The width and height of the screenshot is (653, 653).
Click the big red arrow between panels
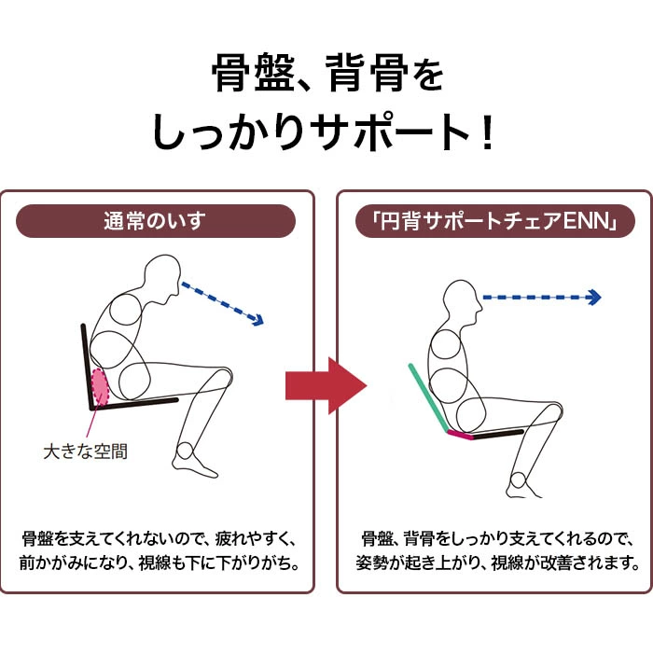326,385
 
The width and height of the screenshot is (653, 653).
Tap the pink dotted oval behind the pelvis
101,387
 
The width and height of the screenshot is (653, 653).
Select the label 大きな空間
86,452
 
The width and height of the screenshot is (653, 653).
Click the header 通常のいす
155,221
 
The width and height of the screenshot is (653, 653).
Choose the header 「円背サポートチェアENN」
494,221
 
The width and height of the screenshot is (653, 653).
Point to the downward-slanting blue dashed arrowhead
257,319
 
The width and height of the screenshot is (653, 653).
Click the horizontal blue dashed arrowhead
594,298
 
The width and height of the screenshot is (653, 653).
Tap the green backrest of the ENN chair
428,397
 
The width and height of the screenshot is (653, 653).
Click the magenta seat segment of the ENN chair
461,435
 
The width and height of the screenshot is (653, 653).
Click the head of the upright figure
463,300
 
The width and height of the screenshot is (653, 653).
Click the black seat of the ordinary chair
135,404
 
